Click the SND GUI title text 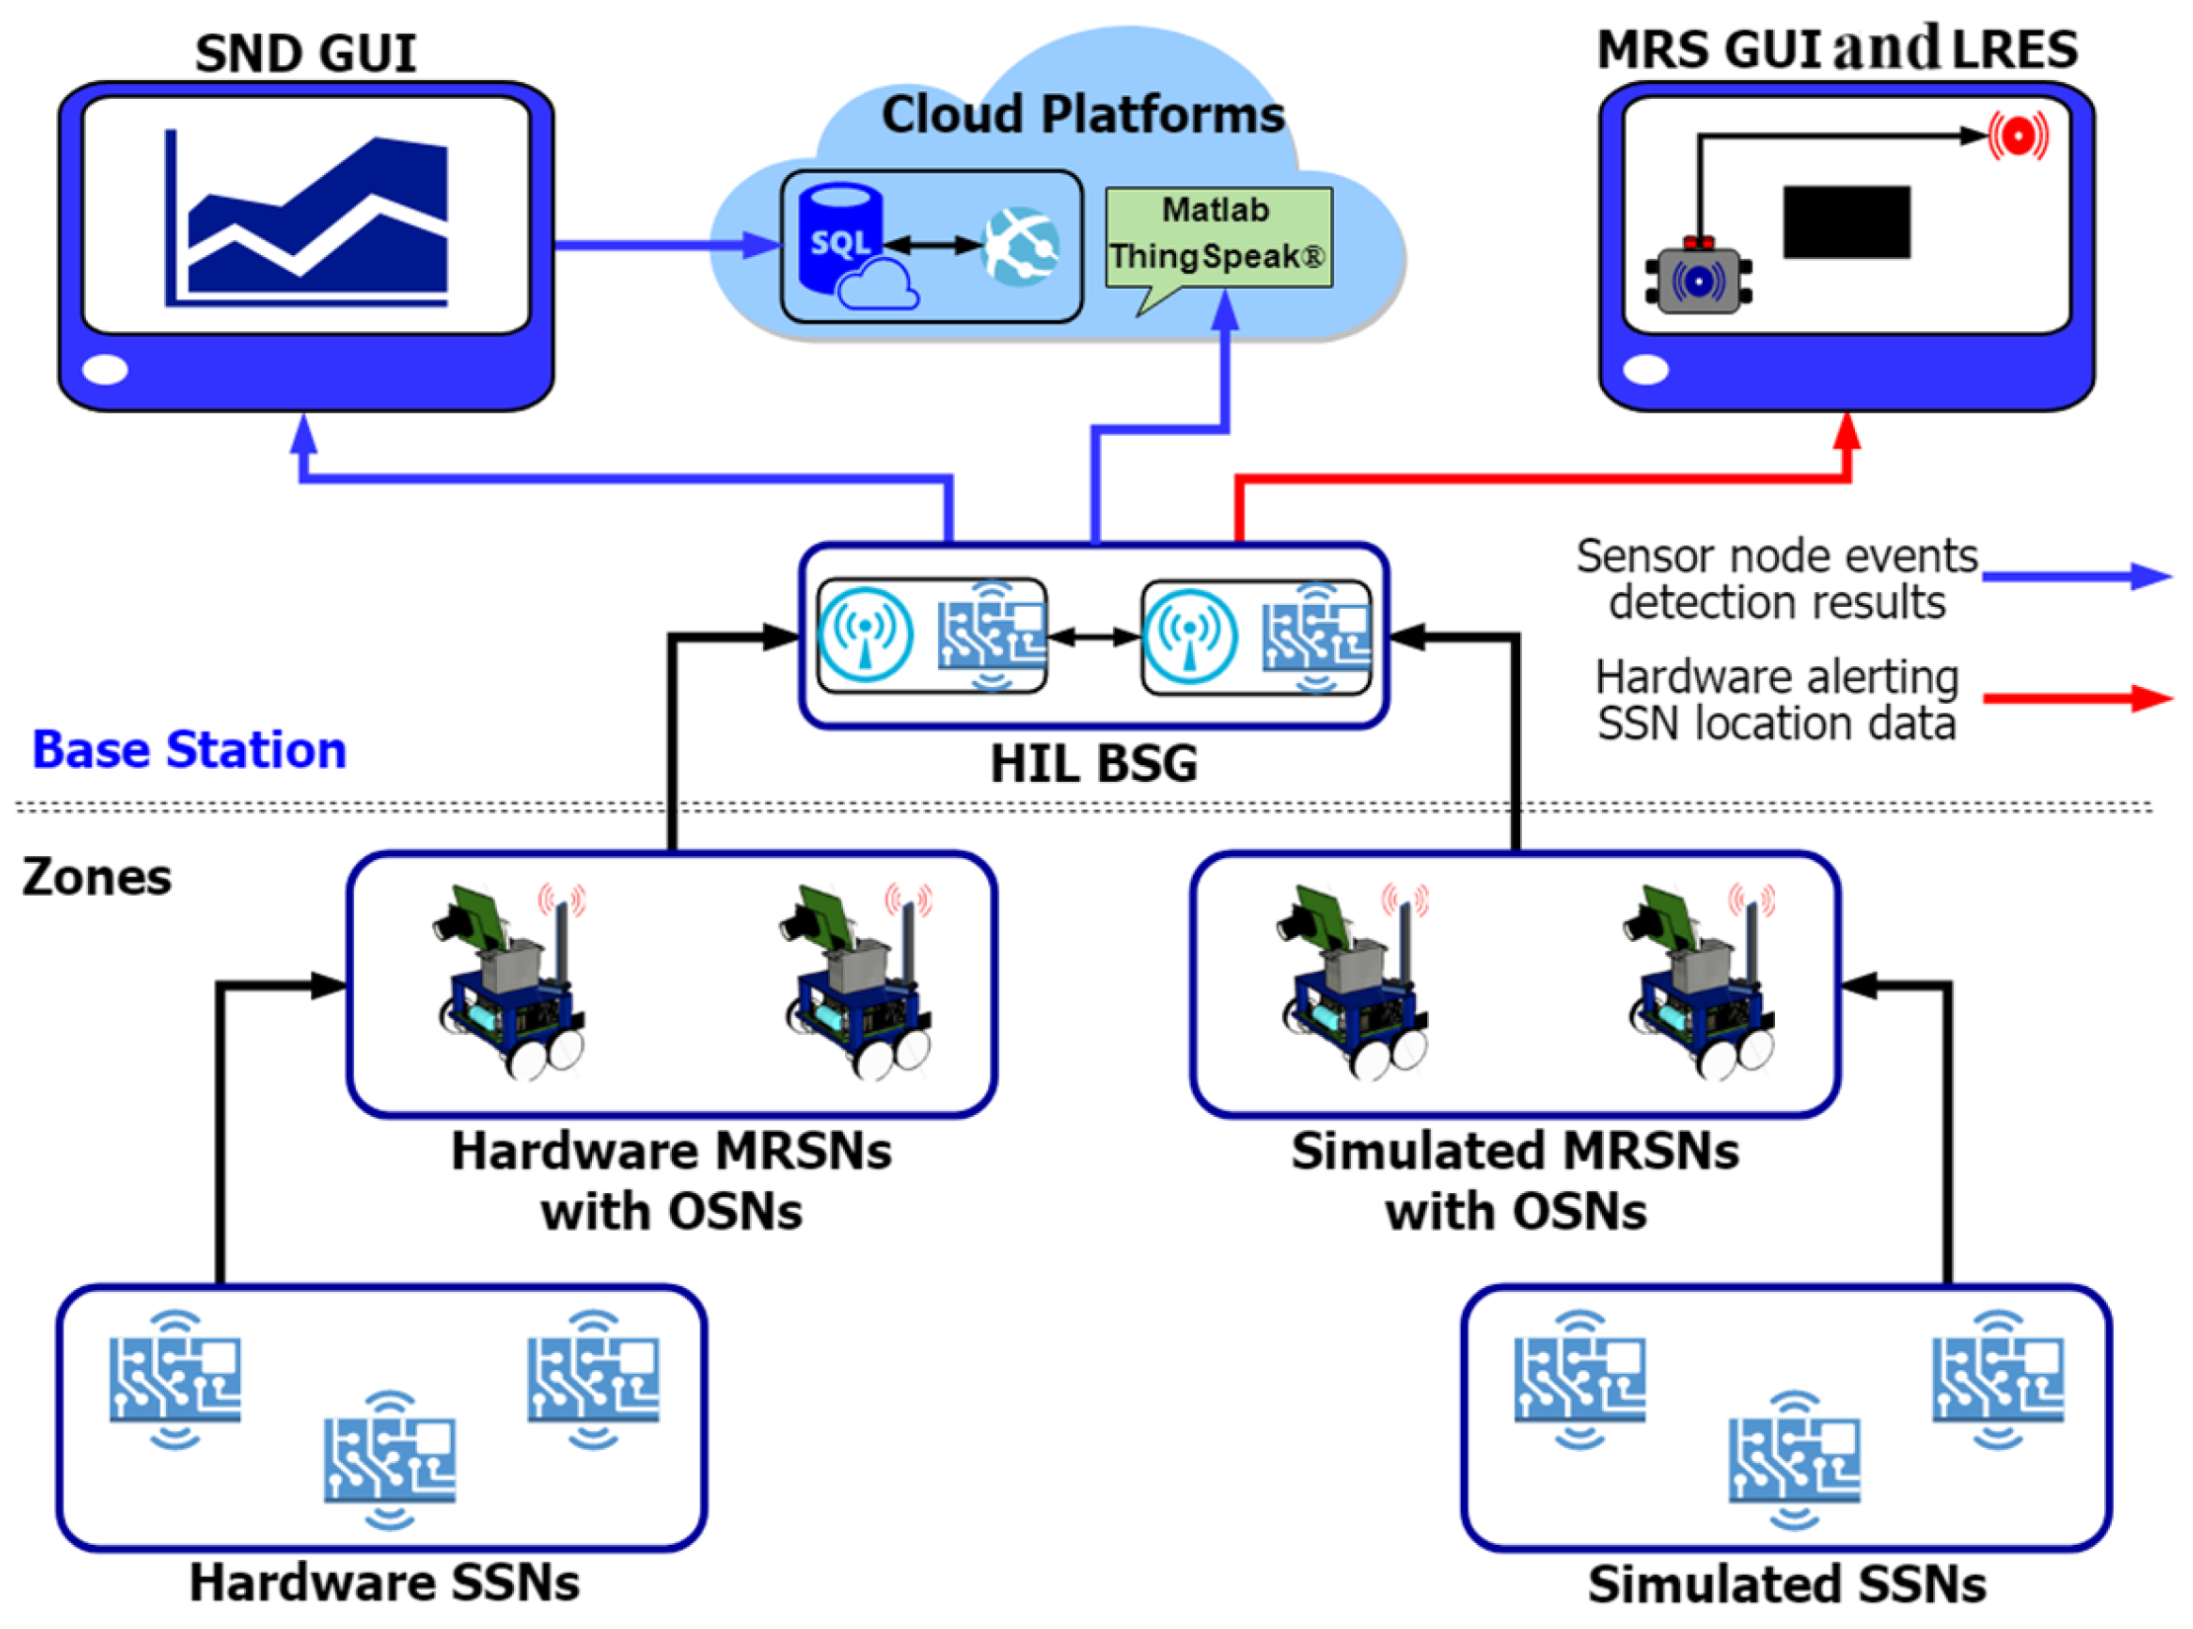point(305,53)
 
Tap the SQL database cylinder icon point(839,238)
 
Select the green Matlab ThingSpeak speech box point(1218,236)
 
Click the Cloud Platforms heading point(1081,115)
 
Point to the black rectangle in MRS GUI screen point(1845,221)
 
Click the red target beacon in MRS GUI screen point(2017,135)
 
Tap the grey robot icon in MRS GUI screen point(1697,280)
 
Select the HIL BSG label point(1093,763)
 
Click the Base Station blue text point(189,749)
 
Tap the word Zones point(97,877)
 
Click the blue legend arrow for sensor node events point(2074,576)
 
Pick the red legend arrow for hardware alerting point(2074,699)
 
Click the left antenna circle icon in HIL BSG point(866,636)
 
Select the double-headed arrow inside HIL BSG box point(1093,637)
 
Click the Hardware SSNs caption point(383,1583)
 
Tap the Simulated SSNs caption point(1786,1585)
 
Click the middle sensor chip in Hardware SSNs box point(389,1460)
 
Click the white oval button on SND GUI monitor point(105,370)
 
